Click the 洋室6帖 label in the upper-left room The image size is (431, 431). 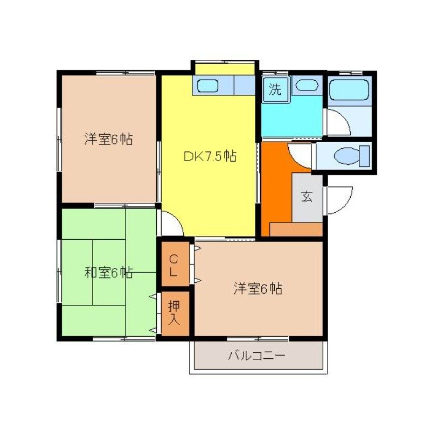point(108,139)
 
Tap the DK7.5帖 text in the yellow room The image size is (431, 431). point(210,157)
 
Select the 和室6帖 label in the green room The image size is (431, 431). point(108,273)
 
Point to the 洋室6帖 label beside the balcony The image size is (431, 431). point(258,289)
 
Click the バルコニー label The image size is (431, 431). point(256,356)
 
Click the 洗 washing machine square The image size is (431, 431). point(275,89)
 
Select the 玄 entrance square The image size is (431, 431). point(307,197)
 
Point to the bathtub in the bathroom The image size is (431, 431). point(349,89)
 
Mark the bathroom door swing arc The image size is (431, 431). point(337,123)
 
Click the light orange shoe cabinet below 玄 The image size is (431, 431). point(296,230)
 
